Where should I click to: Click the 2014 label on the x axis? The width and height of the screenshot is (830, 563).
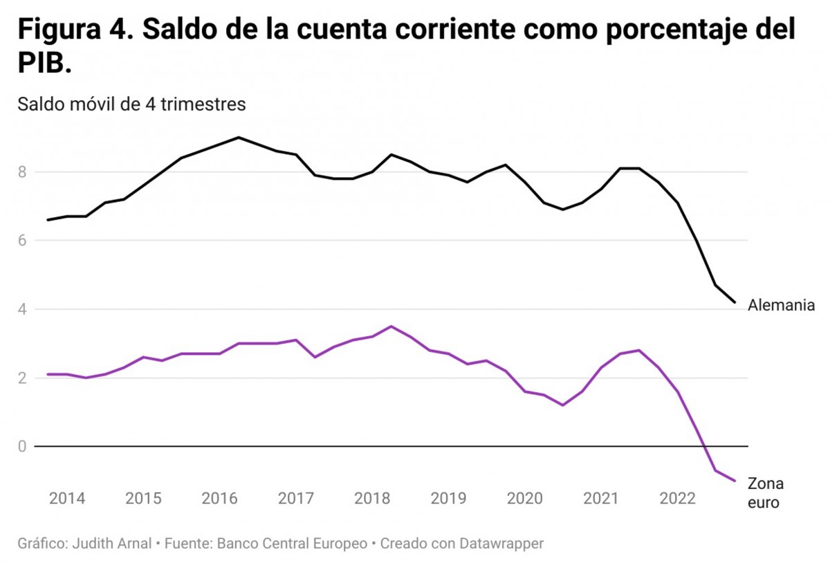click(67, 498)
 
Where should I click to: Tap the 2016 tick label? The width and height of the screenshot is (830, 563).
click(220, 498)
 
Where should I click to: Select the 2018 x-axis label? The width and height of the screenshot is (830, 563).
click(372, 498)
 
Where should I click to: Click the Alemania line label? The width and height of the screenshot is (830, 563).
click(782, 305)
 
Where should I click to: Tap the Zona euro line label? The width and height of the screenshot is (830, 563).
click(766, 493)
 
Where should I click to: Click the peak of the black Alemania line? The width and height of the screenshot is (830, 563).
click(239, 137)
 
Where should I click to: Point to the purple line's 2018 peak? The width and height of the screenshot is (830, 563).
click(391, 326)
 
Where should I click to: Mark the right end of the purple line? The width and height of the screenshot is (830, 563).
click(735, 481)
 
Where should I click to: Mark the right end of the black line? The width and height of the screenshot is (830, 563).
click(735, 302)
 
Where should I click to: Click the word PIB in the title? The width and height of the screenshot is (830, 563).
click(43, 64)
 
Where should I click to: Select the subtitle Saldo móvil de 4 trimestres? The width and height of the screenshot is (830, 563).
click(131, 104)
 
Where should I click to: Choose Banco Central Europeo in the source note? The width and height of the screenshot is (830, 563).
click(292, 544)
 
